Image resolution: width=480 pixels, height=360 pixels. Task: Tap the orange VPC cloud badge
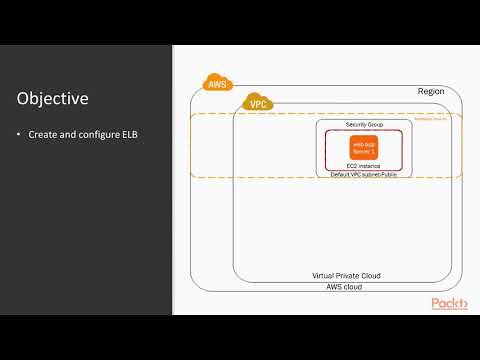pos(257,102)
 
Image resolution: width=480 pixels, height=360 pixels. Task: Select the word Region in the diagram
pos(431,91)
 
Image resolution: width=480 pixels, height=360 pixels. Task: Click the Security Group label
pos(364,125)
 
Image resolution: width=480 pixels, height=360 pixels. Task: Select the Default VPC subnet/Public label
pos(363,175)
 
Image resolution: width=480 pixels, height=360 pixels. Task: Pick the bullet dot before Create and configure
pos(20,134)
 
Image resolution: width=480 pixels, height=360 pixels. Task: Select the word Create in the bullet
pos(44,134)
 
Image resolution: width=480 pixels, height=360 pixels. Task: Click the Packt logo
pos(448,304)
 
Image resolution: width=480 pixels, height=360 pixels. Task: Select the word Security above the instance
pos(355,125)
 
